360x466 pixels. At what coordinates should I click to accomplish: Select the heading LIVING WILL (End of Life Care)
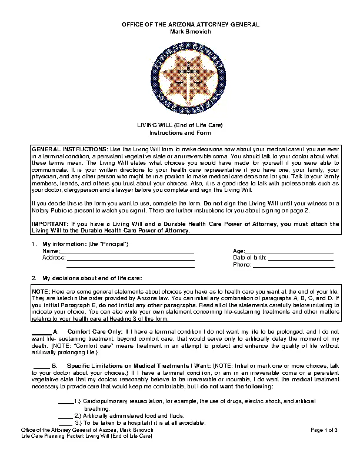point(179,125)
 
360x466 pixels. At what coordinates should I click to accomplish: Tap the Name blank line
point(126,251)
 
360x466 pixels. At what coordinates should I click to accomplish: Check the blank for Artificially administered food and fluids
point(66,415)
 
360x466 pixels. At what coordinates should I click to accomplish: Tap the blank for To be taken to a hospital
point(66,422)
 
